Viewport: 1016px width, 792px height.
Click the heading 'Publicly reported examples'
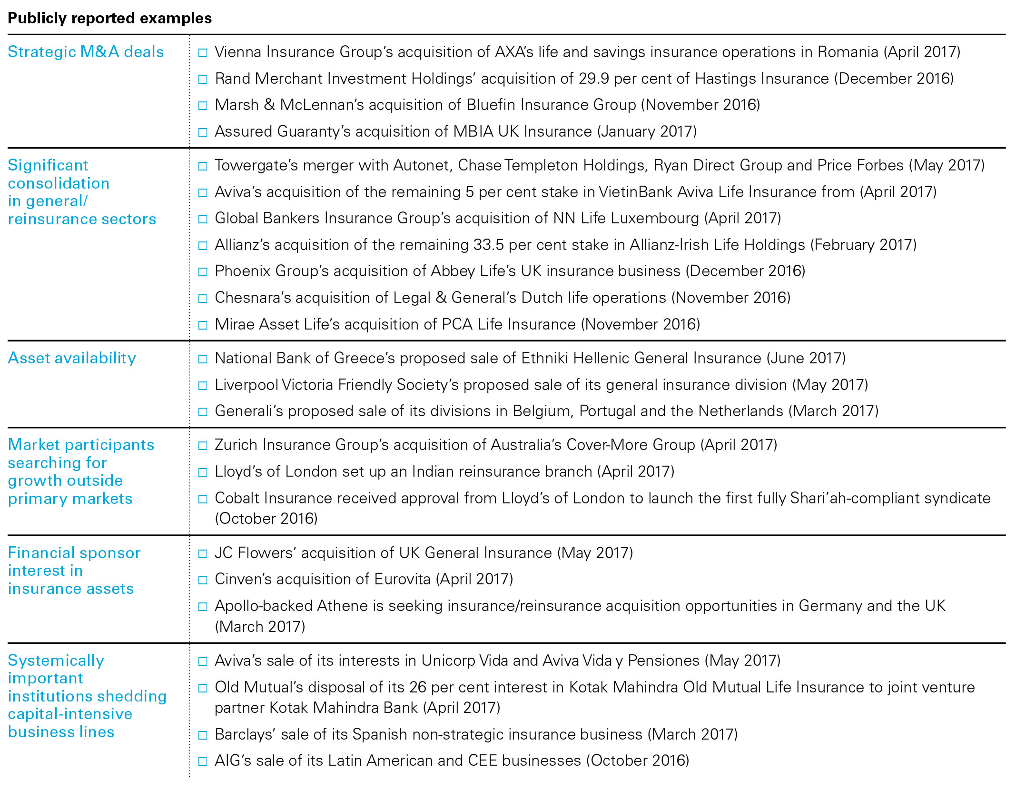click(x=109, y=18)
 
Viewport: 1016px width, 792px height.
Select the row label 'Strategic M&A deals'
click(x=86, y=51)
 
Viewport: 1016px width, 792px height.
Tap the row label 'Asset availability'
click(x=72, y=358)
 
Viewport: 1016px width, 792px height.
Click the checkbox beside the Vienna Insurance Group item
click(x=203, y=52)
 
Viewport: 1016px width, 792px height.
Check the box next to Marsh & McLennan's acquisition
click(x=203, y=105)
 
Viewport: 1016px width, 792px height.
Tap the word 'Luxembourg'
click(x=655, y=218)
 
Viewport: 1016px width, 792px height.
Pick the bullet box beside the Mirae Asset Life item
click(x=203, y=325)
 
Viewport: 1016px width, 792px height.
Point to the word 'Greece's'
click(x=365, y=358)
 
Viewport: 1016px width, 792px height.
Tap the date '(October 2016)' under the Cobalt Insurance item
click(x=266, y=518)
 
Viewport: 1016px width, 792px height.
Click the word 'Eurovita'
click(x=402, y=579)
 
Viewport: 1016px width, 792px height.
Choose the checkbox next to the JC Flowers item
click(x=203, y=553)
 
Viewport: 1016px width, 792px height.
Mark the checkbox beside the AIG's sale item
click(x=203, y=761)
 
